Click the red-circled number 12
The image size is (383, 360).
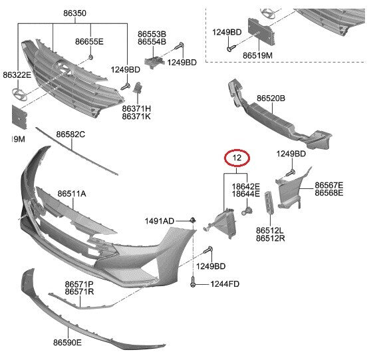pos(237,158)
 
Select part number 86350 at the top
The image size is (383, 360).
pos(74,13)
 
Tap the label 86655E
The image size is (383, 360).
pos(89,41)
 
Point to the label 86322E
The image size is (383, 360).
pos(17,75)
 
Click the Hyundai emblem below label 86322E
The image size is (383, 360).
pos(19,94)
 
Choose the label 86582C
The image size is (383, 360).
pos(70,134)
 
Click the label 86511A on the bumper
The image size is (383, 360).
pos(72,194)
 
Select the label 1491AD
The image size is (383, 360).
pos(160,221)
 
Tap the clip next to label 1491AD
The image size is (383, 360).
pos(193,220)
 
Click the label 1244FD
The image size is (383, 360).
pos(225,284)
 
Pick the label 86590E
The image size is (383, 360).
pos(67,343)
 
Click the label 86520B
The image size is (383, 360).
pos(271,98)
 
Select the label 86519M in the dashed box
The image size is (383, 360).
pos(257,55)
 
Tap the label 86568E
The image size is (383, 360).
pos(328,193)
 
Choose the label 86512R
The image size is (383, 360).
pos(271,238)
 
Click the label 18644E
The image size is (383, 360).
pos(246,194)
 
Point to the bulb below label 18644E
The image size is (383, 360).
pos(247,211)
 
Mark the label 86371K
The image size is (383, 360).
pos(136,116)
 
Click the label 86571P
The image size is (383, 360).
pos(79,284)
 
